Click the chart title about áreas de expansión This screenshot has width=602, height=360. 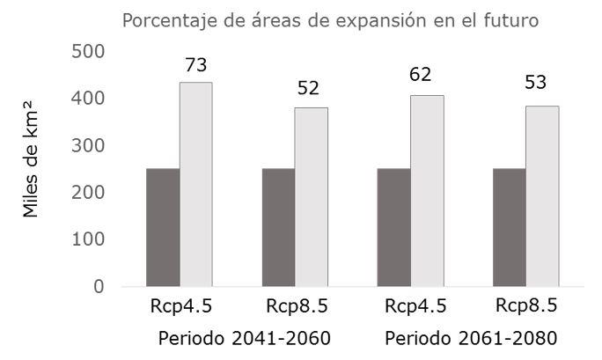coord(330,19)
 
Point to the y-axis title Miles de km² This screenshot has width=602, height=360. coord(32,167)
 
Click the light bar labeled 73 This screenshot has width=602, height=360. coord(195,184)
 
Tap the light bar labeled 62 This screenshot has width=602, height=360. coord(427,190)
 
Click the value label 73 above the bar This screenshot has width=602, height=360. coord(195,64)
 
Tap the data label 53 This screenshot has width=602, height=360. coord(536,83)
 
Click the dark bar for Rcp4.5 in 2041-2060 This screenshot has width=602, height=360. coord(163,227)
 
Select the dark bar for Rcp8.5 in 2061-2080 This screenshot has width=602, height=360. coord(509,227)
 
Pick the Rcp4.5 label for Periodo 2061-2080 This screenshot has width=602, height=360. coord(415,307)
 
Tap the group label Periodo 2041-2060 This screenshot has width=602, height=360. coord(245,338)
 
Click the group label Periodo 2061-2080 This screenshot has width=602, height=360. coord(471,338)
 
